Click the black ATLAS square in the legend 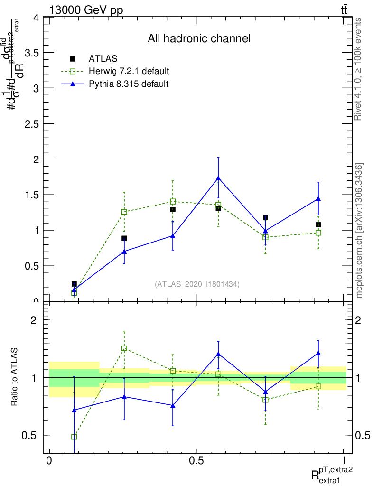click(x=73, y=59)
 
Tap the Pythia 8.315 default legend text click(x=128, y=84)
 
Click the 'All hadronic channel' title click(x=199, y=38)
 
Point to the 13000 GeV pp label click(x=86, y=10)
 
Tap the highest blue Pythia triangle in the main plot click(x=218, y=178)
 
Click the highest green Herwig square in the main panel click(x=173, y=202)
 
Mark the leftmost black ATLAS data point click(x=74, y=284)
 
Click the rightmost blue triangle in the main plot click(x=318, y=199)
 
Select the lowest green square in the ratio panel click(x=74, y=437)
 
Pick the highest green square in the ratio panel click(x=124, y=348)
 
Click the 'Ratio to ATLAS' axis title click(x=15, y=377)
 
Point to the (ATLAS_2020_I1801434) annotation click(x=197, y=284)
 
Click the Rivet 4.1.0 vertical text click(x=359, y=69)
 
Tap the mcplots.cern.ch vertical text click(x=359, y=231)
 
